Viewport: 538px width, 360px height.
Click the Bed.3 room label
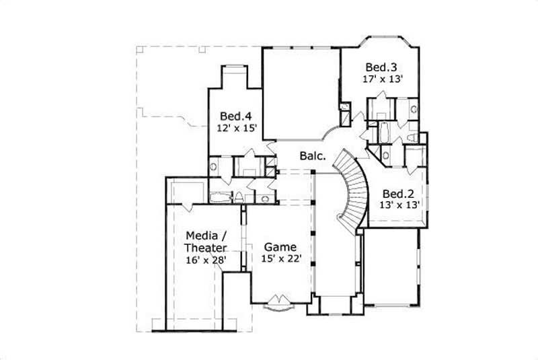point(381,67)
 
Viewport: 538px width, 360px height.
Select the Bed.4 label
point(230,114)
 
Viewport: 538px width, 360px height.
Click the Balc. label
point(313,156)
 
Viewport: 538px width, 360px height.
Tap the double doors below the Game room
point(279,302)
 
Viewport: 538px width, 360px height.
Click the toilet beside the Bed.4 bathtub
point(239,197)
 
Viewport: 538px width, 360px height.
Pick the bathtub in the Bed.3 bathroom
point(385,132)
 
